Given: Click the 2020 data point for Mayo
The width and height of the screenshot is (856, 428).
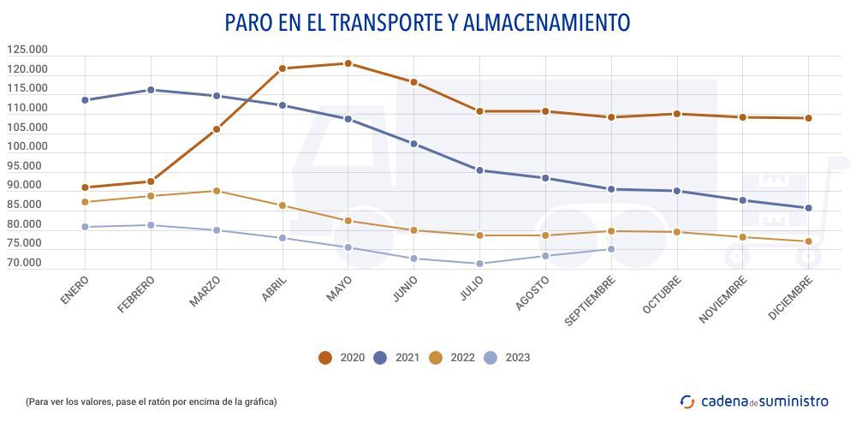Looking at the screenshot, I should tap(348, 63).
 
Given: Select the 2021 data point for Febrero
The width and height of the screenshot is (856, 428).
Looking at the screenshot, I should tap(151, 90).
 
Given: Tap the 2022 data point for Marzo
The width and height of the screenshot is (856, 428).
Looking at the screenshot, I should tap(217, 191).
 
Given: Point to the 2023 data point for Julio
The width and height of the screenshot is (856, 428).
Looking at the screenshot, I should tap(479, 264).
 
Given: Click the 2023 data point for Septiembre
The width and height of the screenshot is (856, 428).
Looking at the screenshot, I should tap(610, 249).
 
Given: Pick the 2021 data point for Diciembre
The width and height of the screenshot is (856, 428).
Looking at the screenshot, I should tap(808, 208).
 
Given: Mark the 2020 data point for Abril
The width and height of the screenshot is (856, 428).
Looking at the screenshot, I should tap(282, 68).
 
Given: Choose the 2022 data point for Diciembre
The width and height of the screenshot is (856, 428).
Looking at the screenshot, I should tap(808, 241).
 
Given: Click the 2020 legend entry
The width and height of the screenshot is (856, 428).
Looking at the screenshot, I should tap(342, 358).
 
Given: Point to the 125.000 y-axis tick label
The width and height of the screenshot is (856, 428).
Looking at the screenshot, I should tap(27, 51).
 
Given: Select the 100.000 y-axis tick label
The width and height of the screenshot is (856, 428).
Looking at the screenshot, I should tap(27, 147).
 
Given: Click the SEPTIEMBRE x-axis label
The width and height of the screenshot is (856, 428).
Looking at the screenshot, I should tap(590, 300).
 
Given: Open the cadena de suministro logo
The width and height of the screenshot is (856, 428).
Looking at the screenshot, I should tap(754, 401).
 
